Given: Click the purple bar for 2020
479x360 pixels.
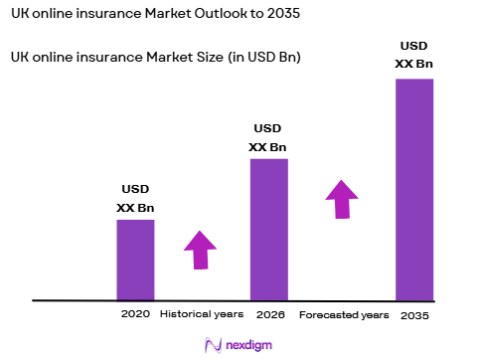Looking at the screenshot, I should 135,259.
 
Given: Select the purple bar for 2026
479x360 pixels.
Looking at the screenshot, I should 268,229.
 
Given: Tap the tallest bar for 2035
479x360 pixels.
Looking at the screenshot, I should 414,189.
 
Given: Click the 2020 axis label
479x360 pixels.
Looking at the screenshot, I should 135,314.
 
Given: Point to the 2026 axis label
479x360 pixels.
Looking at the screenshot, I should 268,314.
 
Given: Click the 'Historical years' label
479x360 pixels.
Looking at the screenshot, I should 201,314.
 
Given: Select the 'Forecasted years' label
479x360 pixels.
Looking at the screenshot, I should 344,314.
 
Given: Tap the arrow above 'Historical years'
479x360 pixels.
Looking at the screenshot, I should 200,250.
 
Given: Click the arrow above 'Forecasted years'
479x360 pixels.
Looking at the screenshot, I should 342,199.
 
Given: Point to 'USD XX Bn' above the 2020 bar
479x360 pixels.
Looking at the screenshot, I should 135,197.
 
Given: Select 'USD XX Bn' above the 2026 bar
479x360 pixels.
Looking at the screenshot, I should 268,137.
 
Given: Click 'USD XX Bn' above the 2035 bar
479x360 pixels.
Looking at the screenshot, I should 414,56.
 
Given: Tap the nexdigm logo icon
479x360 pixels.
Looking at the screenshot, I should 211,344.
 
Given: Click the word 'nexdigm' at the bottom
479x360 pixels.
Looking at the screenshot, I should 248,344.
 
